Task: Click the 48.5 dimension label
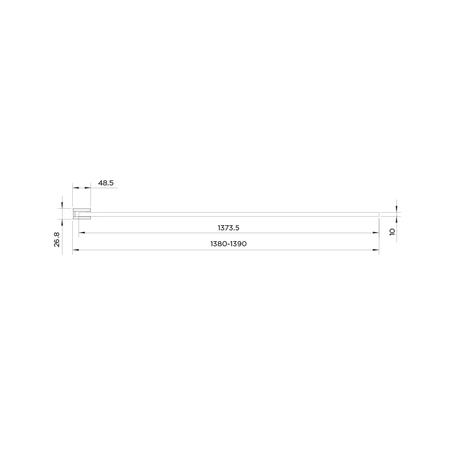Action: click(106, 183)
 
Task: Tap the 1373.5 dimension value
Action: click(229, 227)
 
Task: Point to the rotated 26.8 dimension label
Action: click(57, 239)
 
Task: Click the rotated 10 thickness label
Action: click(392, 232)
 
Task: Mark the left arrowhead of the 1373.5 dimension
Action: click(81, 233)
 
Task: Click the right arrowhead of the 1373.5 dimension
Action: click(377, 233)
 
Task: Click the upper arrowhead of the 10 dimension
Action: click(396, 209)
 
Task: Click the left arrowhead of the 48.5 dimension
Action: click(75, 188)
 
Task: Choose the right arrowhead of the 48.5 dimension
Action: click(88, 188)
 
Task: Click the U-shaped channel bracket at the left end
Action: click(81, 214)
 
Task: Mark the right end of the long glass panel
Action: click(378, 214)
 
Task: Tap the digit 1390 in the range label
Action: click(238, 244)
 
